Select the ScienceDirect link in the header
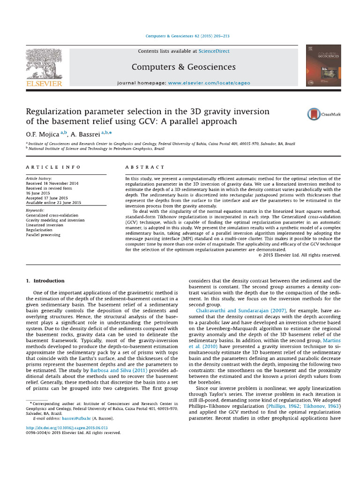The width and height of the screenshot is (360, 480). [x=214, y=51]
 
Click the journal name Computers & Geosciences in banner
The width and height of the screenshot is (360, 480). [x=183, y=67]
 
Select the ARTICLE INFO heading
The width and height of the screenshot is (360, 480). [x=53, y=167]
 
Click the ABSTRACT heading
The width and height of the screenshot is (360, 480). [x=145, y=167]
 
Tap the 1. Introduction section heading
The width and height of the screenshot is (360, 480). [x=45, y=281]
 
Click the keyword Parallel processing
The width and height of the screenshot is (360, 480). [x=43, y=235]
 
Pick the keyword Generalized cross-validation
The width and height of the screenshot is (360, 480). [x=52, y=216]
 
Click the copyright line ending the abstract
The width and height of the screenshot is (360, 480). [x=299, y=255]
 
